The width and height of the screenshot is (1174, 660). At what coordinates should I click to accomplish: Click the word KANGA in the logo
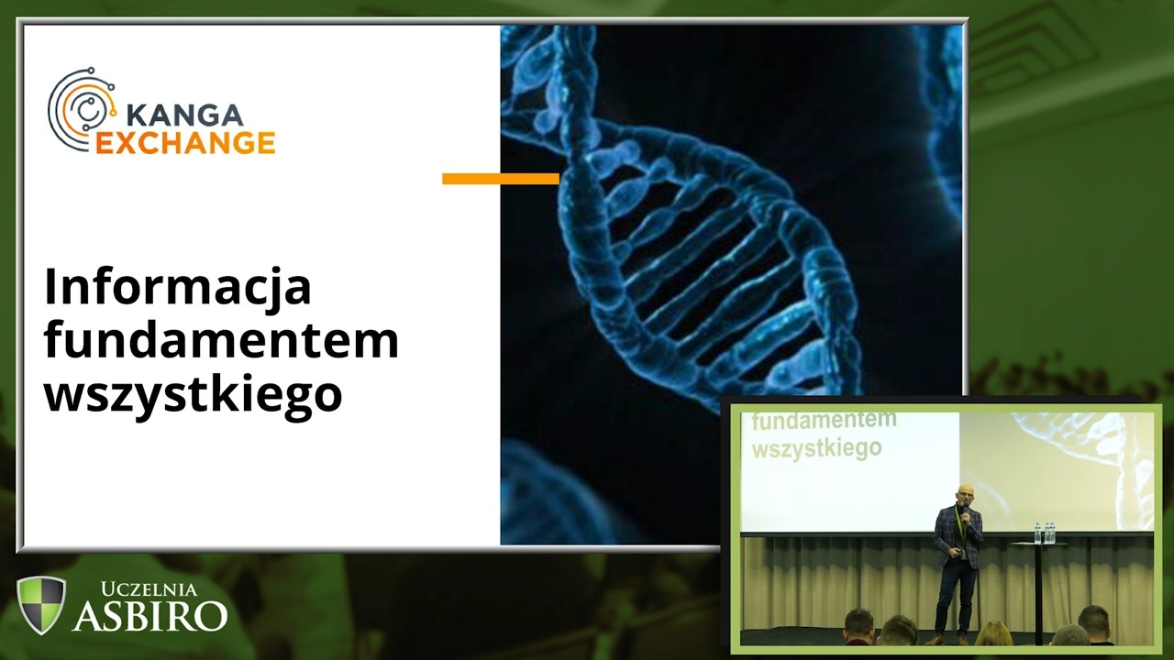click(x=185, y=115)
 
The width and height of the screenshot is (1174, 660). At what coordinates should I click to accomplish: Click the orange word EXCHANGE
click(x=185, y=143)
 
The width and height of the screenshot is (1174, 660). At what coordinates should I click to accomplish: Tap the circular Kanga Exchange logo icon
click(x=82, y=109)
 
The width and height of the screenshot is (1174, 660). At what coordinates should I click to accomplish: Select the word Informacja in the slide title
click(x=178, y=287)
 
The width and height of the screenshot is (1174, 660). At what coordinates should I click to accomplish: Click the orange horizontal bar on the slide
click(x=501, y=179)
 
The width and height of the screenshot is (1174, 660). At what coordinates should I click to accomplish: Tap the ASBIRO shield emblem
click(x=41, y=604)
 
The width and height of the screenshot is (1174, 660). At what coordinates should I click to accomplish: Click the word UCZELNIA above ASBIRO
click(x=149, y=589)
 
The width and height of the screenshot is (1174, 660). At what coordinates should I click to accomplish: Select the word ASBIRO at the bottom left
click(x=150, y=615)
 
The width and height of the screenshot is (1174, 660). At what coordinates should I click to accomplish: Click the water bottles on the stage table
click(x=1044, y=533)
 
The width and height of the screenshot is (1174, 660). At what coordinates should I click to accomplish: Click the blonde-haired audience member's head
click(x=993, y=632)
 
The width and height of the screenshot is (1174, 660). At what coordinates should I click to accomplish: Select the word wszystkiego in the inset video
click(x=816, y=449)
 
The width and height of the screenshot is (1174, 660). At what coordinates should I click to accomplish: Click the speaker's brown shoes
click(x=948, y=639)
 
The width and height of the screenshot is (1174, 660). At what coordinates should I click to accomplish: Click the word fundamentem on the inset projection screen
click(x=824, y=420)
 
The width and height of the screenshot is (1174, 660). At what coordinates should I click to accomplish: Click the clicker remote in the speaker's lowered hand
click(x=958, y=552)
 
